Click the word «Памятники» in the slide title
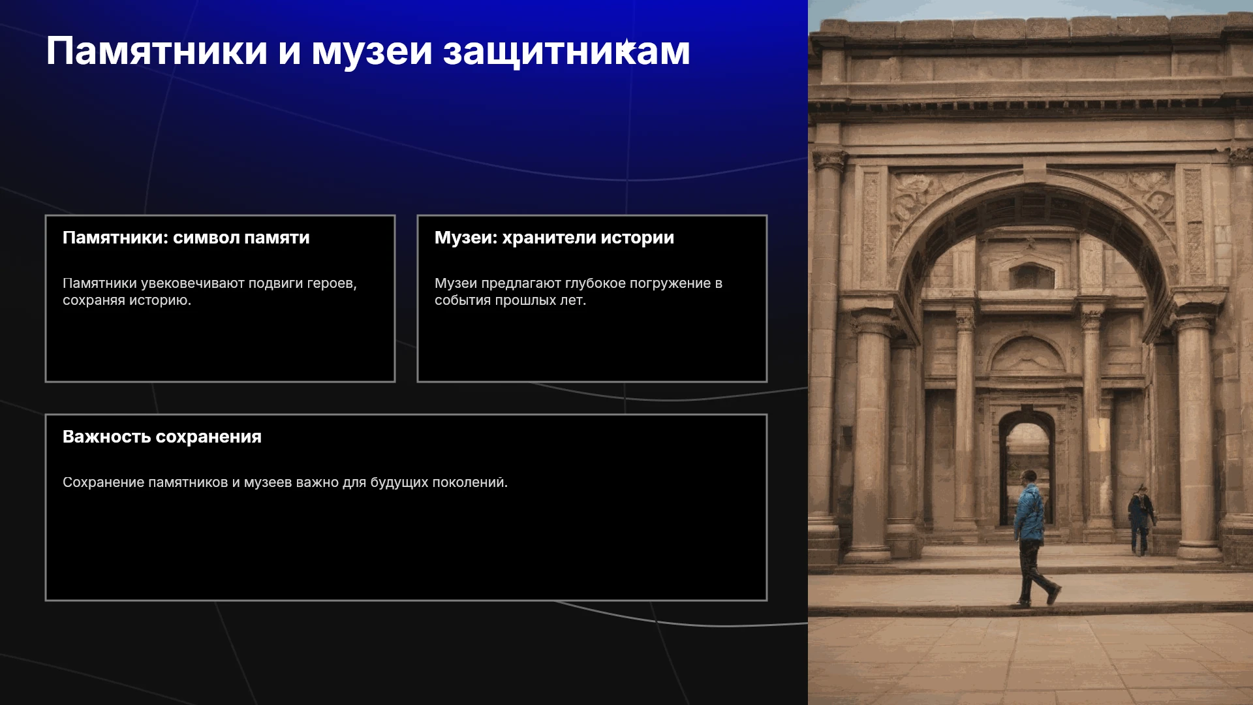pos(157,51)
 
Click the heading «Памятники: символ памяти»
pos(186,238)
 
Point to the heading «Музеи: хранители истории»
pos(554,238)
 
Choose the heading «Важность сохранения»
pos(162,437)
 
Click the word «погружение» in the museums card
pos(670,284)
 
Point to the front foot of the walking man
pos(1053,595)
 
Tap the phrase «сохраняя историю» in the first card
pos(127,301)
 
